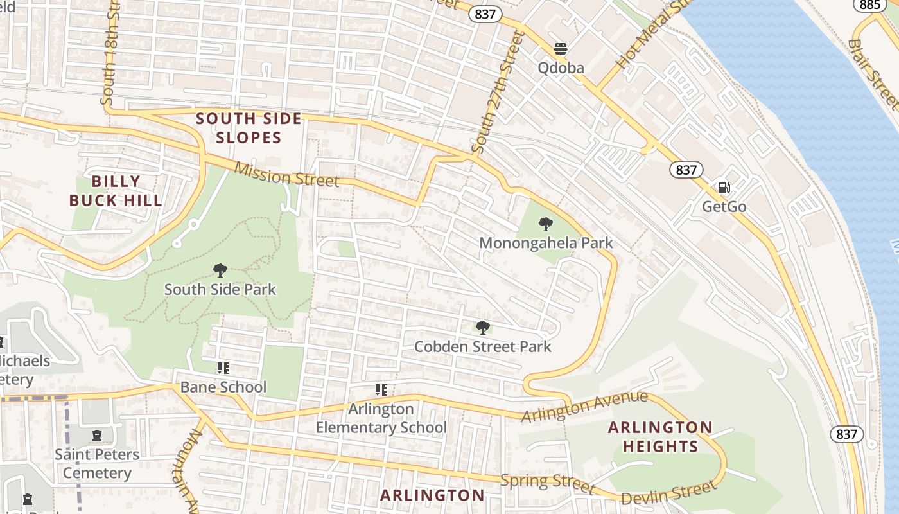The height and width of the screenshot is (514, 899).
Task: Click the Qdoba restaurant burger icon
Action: click(561, 49)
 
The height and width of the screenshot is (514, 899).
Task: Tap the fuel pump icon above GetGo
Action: click(724, 188)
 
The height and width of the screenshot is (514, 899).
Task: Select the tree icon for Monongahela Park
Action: click(546, 224)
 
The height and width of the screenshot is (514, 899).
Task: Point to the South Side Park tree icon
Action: click(220, 270)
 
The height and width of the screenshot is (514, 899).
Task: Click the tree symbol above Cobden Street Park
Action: click(483, 328)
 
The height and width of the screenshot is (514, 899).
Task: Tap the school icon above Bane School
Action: click(223, 368)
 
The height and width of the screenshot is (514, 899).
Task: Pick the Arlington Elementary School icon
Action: click(381, 390)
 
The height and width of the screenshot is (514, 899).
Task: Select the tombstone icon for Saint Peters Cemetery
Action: click(97, 436)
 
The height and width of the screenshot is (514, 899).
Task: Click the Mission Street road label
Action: click(286, 175)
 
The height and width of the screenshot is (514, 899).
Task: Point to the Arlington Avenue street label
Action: click(584, 407)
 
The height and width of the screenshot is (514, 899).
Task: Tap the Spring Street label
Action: click(548, 482)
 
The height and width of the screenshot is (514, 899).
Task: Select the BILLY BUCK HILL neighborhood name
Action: click(116, 191)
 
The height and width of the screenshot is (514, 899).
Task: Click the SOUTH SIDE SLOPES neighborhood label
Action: click(249, 128)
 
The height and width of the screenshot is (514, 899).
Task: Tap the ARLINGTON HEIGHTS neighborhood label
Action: click(660, 437)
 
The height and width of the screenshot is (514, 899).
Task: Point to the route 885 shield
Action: click(870, 5)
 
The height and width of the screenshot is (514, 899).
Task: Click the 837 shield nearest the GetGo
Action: click(686, 170)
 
